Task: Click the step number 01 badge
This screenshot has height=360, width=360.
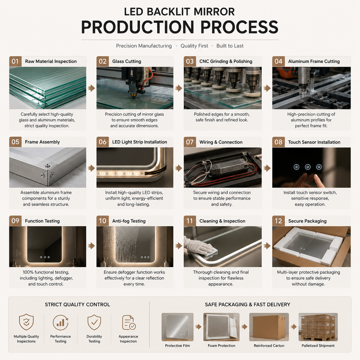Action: coord(15,61)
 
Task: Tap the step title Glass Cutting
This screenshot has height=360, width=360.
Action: coord(126,61)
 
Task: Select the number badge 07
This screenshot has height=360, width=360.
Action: coord(190,142)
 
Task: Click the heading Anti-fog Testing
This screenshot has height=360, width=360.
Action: coord(129,221)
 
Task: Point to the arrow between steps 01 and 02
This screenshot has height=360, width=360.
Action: coord(91,88)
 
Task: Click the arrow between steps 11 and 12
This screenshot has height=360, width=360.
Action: coord(267,246)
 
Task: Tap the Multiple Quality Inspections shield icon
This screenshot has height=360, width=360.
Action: coord(26,322)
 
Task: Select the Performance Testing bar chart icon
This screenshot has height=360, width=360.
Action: coord(60,322)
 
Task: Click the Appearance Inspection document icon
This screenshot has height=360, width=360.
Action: coord(129,322)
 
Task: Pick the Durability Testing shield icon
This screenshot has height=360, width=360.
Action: coord(94,322)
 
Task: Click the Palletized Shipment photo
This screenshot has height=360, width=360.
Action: coord(318,327)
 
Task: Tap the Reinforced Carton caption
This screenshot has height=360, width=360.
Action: coord(269,345)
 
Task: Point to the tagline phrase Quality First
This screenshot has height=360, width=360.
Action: coord(194,46)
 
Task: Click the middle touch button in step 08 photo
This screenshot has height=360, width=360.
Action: coord(307,167)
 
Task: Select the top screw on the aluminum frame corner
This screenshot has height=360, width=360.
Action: coord(48,165)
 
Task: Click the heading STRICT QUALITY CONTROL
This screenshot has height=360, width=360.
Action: coord(77,304)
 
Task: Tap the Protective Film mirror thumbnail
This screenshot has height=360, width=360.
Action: coord(177,327)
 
